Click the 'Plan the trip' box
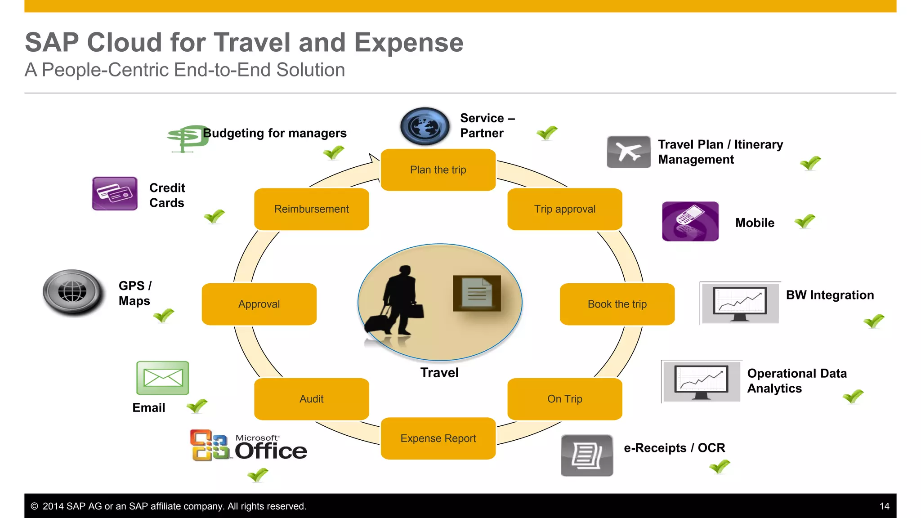point(438,170)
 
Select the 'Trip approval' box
point(565,209)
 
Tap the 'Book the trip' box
point(617,304)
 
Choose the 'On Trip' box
point(565,399)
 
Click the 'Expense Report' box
point(438,438)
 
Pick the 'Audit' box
point(311,399)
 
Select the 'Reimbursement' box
point(311,209)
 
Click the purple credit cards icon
point(115,193)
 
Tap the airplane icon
point(628,152)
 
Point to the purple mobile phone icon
point(690,221)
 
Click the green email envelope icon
point(162,378)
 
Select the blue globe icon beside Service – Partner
point(425,126)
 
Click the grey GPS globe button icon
point(72,292)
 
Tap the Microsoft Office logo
point(248,446)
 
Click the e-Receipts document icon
point(587,455)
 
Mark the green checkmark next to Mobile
point(805,221)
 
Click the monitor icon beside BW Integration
point(740,303)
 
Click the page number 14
point(884,506)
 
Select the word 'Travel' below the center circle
point(439,373)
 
